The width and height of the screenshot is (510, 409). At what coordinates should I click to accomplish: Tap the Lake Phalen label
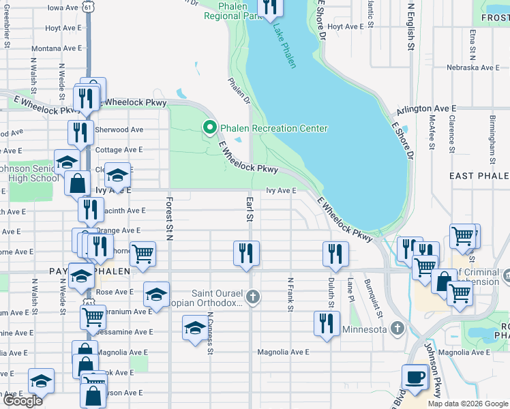pos(286,46)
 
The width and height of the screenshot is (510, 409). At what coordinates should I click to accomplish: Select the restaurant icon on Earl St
pos(246,253)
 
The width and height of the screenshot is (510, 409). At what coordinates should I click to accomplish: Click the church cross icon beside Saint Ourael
pos(253,297)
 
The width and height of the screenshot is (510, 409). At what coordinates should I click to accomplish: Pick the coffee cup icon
pos(415,376)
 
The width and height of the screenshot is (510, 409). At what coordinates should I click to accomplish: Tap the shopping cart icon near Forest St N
pos(143,254)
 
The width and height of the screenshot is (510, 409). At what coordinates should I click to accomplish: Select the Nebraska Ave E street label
pos(472,67)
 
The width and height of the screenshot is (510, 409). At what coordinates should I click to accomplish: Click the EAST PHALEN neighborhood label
pos(479,176)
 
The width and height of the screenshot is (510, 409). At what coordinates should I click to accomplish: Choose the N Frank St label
pos(290,294)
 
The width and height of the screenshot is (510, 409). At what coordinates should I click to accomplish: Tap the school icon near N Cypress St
pos(195,329)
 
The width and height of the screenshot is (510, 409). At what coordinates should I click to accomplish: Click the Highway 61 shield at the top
pos(89,6)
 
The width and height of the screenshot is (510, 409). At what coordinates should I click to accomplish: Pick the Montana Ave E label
pos(56,48)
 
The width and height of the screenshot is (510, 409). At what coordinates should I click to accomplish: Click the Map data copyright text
pos(466,404)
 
